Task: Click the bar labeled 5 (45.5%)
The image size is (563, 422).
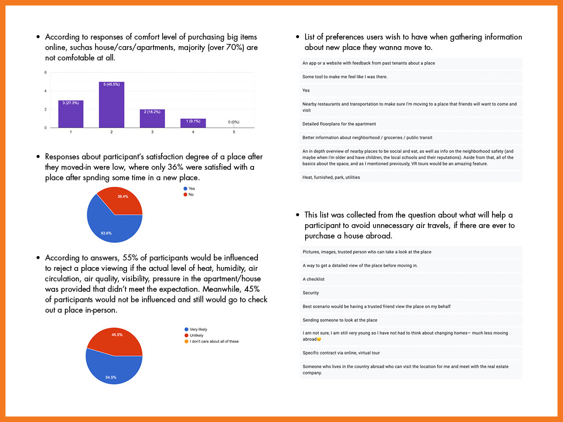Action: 111,104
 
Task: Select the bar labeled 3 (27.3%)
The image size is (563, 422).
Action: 71,114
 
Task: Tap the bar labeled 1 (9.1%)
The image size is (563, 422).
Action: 192,123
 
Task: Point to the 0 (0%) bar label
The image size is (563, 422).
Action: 233,122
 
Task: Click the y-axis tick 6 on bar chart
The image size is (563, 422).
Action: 45,73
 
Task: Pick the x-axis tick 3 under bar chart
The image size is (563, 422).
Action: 152,132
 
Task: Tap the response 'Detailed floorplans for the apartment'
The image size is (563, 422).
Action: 339,124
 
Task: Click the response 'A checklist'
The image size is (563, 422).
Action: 313,279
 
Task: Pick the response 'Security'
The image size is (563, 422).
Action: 311,293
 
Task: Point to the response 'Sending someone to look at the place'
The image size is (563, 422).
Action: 340,320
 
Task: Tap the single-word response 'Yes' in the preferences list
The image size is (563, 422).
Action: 306,90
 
